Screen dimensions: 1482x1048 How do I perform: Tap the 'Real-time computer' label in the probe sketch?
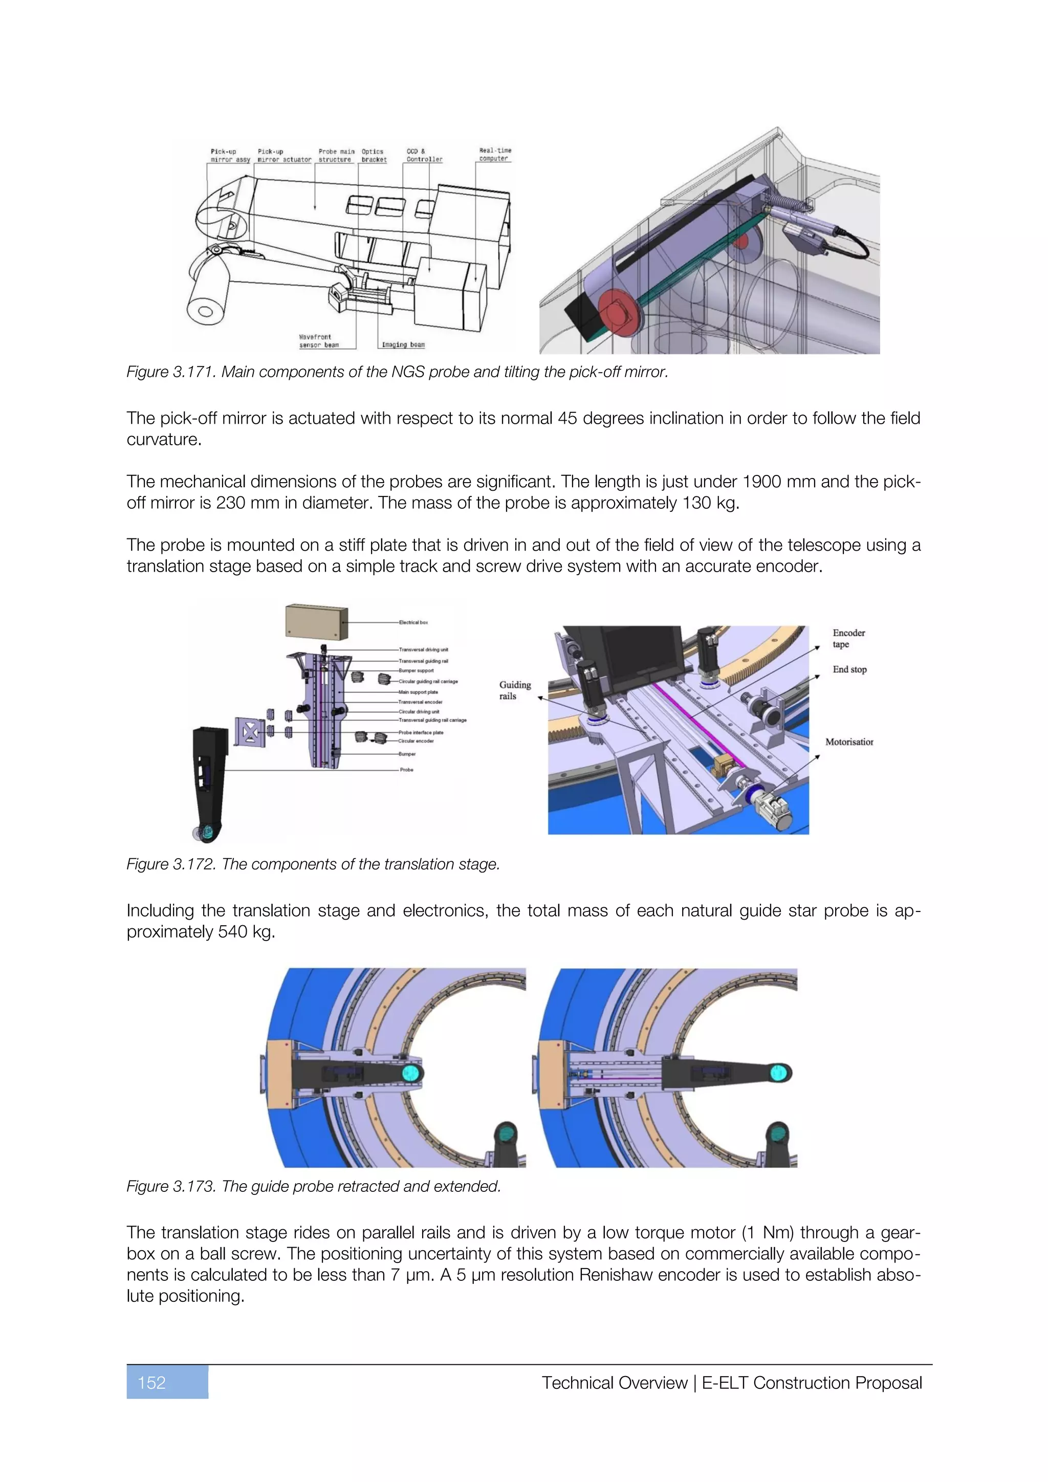point(495,154)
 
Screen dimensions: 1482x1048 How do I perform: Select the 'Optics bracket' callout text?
point(374,156)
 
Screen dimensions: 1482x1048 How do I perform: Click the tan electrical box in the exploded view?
point(316,622)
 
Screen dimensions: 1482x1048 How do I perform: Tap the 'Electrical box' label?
point(413,622)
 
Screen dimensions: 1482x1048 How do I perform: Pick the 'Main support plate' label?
point(418,692)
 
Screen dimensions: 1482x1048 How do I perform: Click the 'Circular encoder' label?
point(416,741)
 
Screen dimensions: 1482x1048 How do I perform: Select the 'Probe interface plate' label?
point(421,733)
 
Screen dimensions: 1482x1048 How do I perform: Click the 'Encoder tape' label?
point(848,638)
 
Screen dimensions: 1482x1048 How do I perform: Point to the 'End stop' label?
point(849,669)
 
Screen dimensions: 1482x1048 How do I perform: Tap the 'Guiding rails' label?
point(514,690)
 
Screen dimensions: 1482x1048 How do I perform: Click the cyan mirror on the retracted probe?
point(410,1073)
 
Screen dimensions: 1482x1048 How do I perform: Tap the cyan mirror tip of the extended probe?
point(779,1073)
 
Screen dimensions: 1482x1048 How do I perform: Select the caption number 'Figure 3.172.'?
point(171,864)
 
